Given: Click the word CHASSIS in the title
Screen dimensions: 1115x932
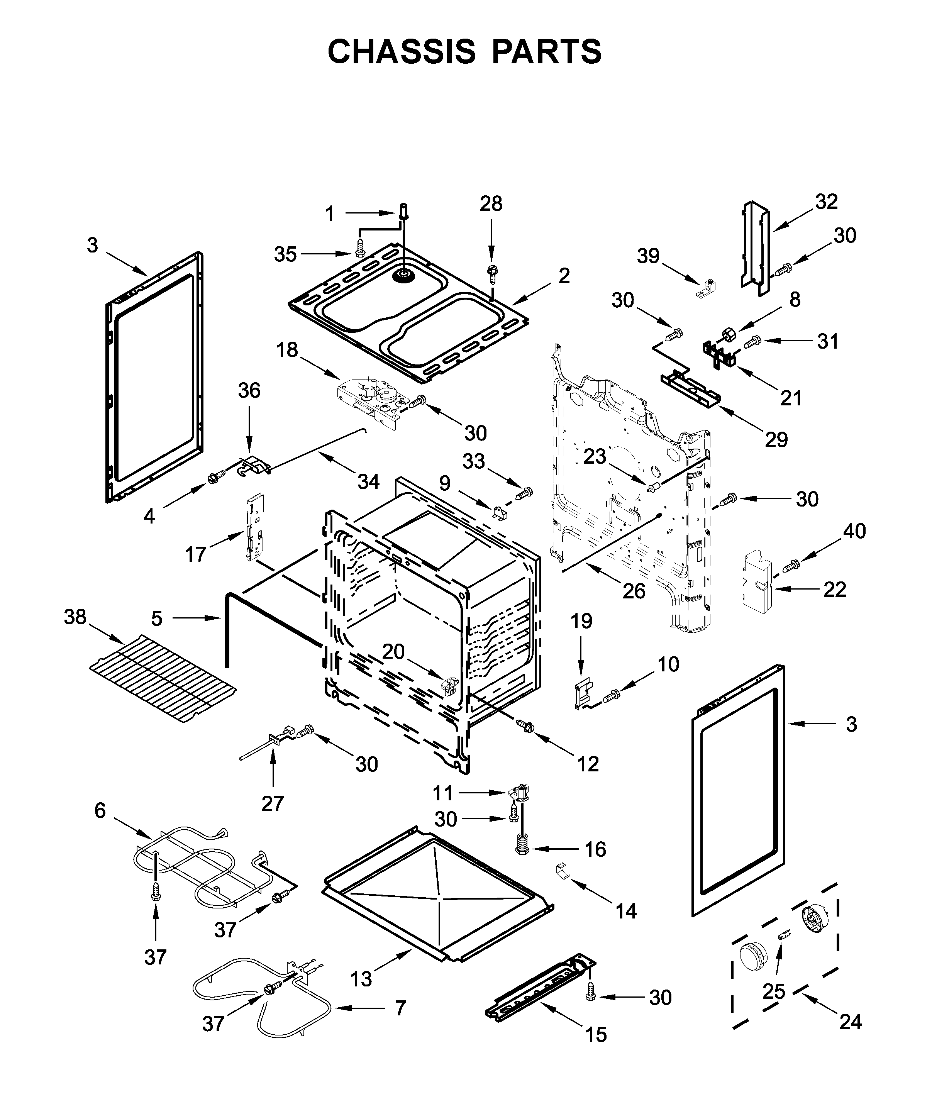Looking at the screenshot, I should [401, 51].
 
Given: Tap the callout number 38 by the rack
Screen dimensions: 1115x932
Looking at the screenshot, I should [75, 617].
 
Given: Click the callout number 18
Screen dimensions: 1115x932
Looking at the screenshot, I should [287, 351].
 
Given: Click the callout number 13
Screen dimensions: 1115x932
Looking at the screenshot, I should [361, 979].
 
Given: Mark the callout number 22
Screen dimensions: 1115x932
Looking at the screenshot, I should [834, 590].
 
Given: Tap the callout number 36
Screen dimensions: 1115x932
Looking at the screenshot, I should [249, 390].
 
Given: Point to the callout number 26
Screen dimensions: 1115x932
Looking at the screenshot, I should [634, 591].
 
